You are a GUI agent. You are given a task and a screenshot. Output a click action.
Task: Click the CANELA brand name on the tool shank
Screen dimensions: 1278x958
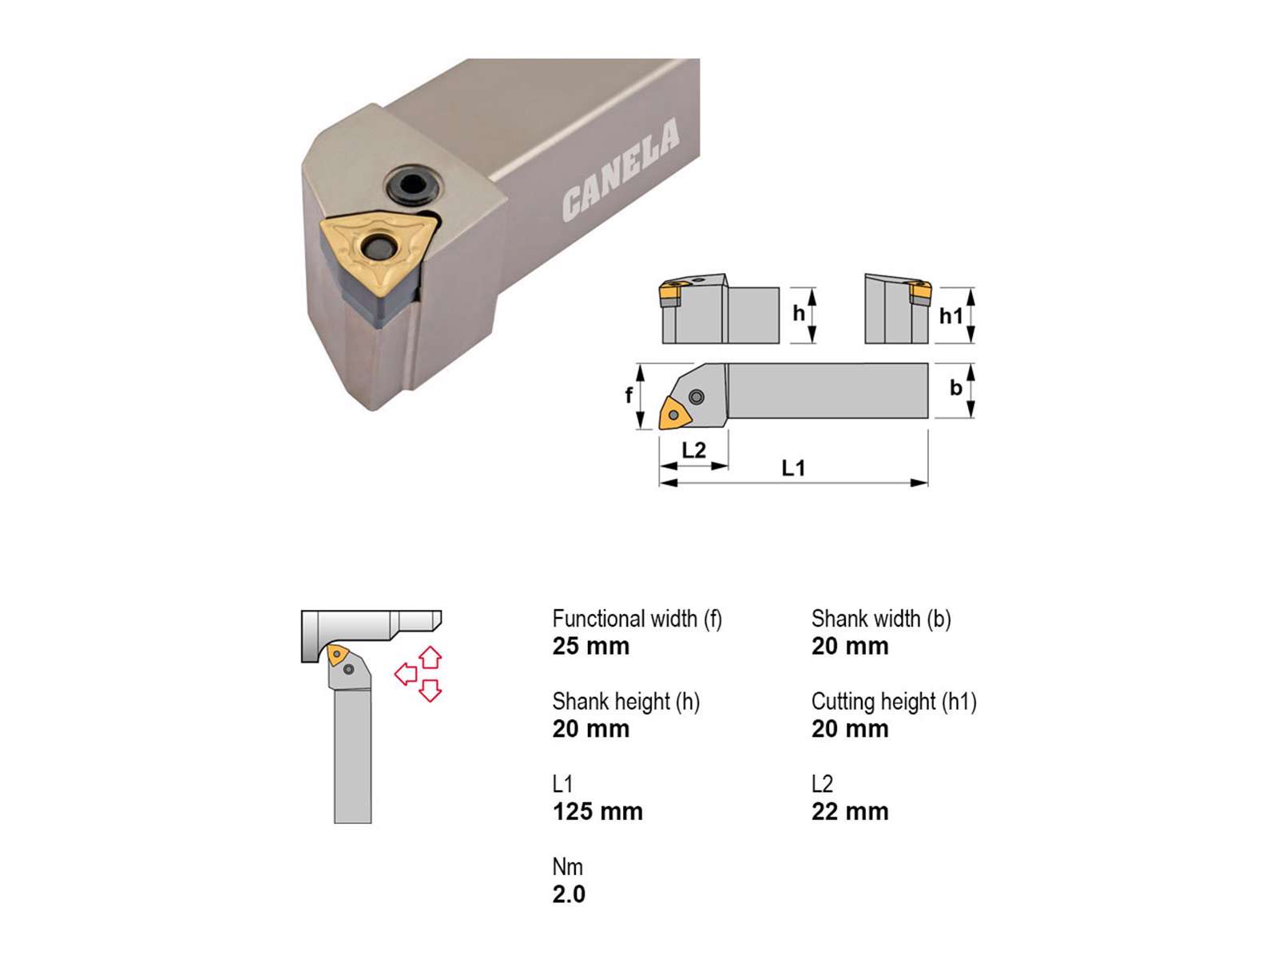(621, 169)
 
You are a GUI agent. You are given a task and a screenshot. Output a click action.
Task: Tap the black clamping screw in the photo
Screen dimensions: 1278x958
(414, 185)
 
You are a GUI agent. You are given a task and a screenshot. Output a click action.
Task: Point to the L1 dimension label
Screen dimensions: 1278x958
(793, 468)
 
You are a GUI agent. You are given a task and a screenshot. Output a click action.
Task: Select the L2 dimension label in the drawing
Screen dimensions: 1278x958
(693, 449)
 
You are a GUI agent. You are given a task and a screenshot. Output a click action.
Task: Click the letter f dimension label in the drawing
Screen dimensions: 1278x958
(629, 395)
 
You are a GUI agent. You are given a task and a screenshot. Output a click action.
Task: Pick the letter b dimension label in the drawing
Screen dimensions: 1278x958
(955, 387)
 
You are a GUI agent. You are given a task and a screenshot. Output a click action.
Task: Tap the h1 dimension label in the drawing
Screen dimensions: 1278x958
(951, 316)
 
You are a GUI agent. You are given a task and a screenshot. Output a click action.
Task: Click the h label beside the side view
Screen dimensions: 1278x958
(798, 313)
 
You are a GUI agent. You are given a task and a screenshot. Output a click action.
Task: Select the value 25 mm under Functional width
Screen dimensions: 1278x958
(591, 646)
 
